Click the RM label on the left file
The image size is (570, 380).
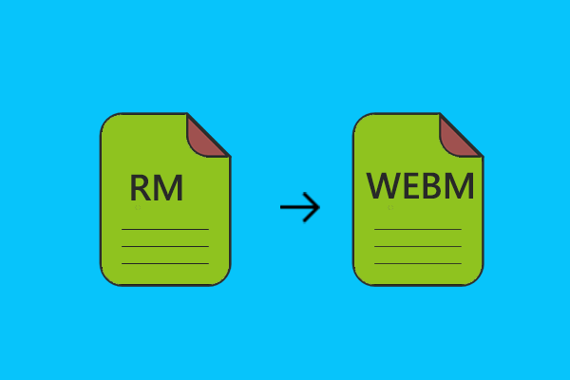156,188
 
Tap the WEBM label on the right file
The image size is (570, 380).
420,186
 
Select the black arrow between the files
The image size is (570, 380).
300,207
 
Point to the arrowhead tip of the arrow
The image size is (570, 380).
319,207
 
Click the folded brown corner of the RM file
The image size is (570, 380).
205,136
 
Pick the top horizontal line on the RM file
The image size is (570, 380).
164,229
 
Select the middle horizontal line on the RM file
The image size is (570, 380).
164,246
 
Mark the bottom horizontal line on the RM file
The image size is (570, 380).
164,263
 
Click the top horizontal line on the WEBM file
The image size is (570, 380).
418,229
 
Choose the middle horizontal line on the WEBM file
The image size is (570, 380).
418,246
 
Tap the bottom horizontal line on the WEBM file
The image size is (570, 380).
418,263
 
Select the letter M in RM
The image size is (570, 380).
168,188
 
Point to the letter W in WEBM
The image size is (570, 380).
383,186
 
